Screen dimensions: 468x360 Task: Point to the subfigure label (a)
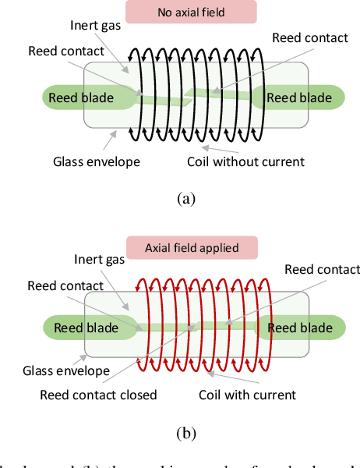coord(185,199)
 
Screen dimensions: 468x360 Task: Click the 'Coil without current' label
coord(245,162)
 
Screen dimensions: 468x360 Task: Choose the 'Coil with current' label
coord(247,395)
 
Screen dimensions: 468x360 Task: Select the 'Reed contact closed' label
coord(98,395)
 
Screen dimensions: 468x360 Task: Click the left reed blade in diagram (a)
coord(81,97)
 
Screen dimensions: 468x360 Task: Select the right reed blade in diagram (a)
coord(299,97)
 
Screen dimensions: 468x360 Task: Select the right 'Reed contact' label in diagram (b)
coord(322,270)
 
